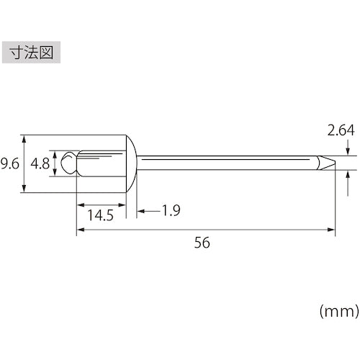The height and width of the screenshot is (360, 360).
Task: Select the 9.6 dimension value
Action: [9, 163]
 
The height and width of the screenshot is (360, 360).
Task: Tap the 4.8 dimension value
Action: [40, 163]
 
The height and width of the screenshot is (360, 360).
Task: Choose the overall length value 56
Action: [202, 243]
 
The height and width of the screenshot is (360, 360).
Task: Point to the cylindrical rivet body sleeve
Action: [101, 163]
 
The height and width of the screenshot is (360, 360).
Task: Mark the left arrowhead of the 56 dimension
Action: [80, 230]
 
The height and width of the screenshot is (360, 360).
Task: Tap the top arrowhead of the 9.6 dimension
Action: [26, 138]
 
